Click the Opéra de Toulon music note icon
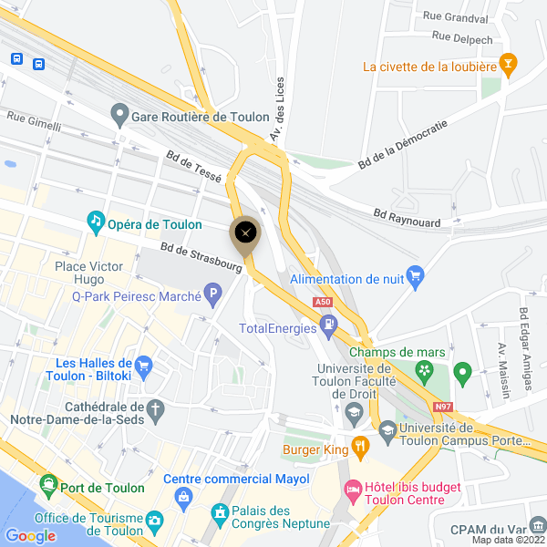click(x=96, y=221)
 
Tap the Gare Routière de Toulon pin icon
click(x=119, y=116)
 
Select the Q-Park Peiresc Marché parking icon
click(x=213, y=294)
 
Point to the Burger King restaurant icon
click(x=361, y=447)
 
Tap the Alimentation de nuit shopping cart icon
click(x=416, y=275)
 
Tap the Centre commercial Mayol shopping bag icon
click(x=185, y=498)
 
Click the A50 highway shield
click(x=322, y=302)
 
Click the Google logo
click(x=30, y=535)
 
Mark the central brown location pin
click(x=245, y=233)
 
